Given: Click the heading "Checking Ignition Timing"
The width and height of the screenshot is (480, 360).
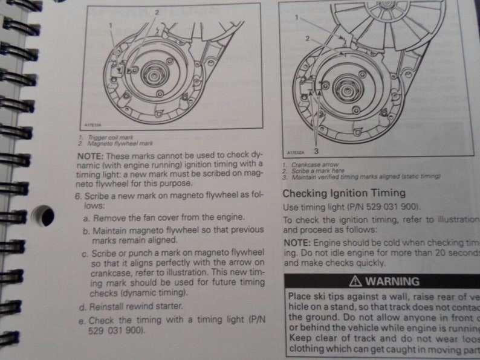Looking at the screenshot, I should [x=344, y=193].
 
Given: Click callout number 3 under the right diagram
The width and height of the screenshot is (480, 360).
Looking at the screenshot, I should [x=316, y=150].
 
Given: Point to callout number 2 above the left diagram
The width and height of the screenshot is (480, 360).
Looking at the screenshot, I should [x=157, y=12].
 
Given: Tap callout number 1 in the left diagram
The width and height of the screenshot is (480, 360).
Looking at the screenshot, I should [x=111, y=25].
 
